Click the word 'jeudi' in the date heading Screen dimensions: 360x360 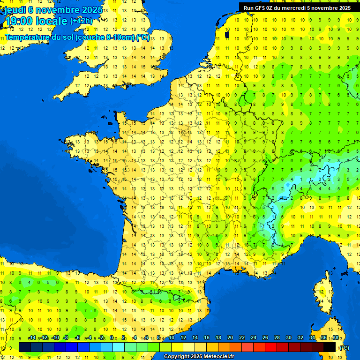16,10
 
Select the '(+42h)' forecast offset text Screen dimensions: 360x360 81,21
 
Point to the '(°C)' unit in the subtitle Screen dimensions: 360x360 143,37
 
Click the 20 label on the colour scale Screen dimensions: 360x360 230,337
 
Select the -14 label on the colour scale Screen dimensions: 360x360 32,337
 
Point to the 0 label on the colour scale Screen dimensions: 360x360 112,337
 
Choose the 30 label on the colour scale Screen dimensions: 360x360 288,337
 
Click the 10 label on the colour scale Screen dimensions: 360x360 171,337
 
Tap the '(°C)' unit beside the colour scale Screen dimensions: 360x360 344,347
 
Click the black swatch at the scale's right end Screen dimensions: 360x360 330,347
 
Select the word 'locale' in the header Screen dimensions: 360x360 52,21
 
